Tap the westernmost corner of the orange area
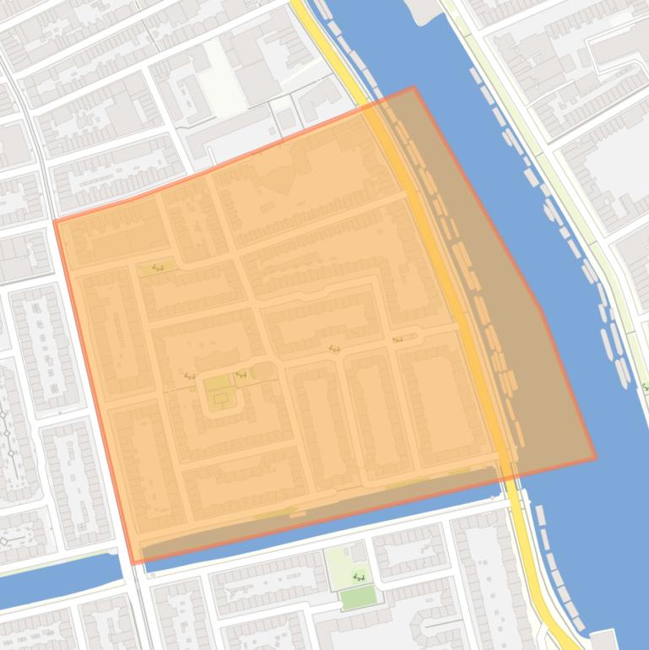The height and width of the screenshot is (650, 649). [55, 221]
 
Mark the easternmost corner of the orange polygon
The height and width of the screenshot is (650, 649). [596, 459]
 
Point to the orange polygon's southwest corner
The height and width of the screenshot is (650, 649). [133, 563]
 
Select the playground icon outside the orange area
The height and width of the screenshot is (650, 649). [359, 577]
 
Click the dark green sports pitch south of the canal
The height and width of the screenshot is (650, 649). [359, 598]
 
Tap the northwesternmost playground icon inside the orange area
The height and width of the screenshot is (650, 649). [157, 268]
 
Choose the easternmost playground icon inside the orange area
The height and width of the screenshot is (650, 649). [398, 339]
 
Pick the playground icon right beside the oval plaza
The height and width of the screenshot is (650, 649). [241, 374]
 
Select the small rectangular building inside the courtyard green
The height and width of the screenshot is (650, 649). [221, 398]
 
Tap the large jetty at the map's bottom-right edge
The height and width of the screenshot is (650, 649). [605, 640]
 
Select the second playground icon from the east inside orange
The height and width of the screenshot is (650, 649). [334, 348]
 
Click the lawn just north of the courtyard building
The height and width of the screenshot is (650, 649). [217, 384]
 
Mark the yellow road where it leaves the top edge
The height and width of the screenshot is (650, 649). [300, 4]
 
